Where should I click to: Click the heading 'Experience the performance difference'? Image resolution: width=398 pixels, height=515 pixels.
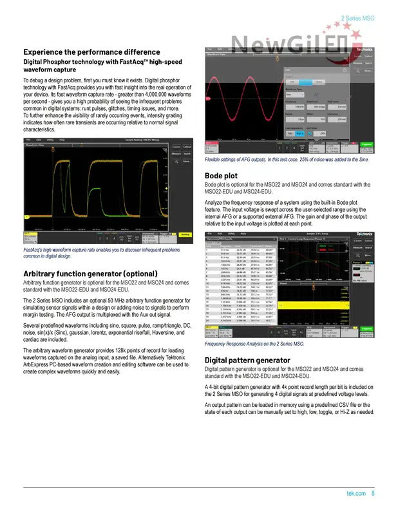click(x=91, y=51)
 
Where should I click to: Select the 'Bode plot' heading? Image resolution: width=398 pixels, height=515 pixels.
click(x=221, y=175)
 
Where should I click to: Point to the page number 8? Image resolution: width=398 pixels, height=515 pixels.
click(x=373, y=494)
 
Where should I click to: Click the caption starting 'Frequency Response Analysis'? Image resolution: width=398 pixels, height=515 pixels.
click(x=254, y=344)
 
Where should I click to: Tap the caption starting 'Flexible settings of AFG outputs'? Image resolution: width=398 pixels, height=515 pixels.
click(x=287, y=160)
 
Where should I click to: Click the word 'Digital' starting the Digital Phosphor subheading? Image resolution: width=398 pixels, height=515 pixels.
click(x=34, y=62)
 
